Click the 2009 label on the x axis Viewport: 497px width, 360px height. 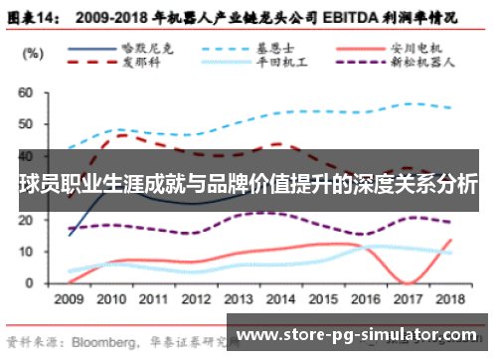point(68,298)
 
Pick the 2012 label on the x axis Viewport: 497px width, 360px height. point(196,298)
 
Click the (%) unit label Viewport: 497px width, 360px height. point(32,52)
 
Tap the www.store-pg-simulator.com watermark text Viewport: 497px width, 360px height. point(358,333)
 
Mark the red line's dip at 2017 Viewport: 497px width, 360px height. point(409,282)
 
